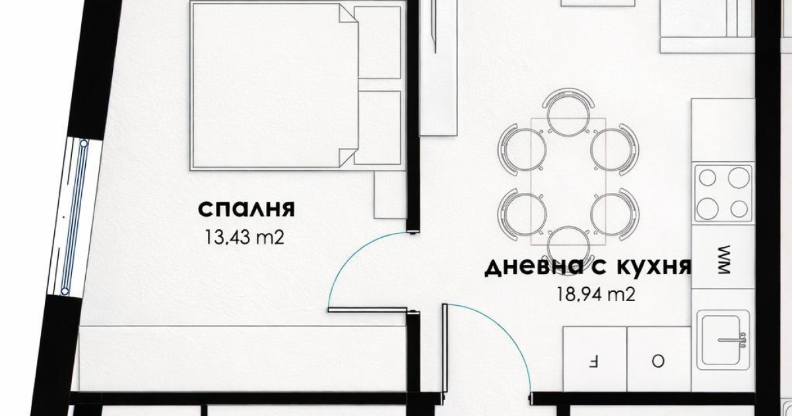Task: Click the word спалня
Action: point(246,209)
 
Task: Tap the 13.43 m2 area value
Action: point(245,237)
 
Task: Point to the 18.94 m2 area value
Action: point(596,294)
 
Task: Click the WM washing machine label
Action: point(724,260)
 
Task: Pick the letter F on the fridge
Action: point(593,362)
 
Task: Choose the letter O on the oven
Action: point(657,361)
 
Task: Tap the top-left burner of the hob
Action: point(708,178)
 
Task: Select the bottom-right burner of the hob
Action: point(739,209)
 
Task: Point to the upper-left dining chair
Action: point(522,149)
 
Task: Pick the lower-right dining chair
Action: point(615,214)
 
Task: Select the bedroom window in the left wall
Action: point(74,217)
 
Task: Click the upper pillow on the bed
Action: point(378,42)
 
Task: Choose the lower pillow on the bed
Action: point(378,127)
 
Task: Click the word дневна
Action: point(534,268)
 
